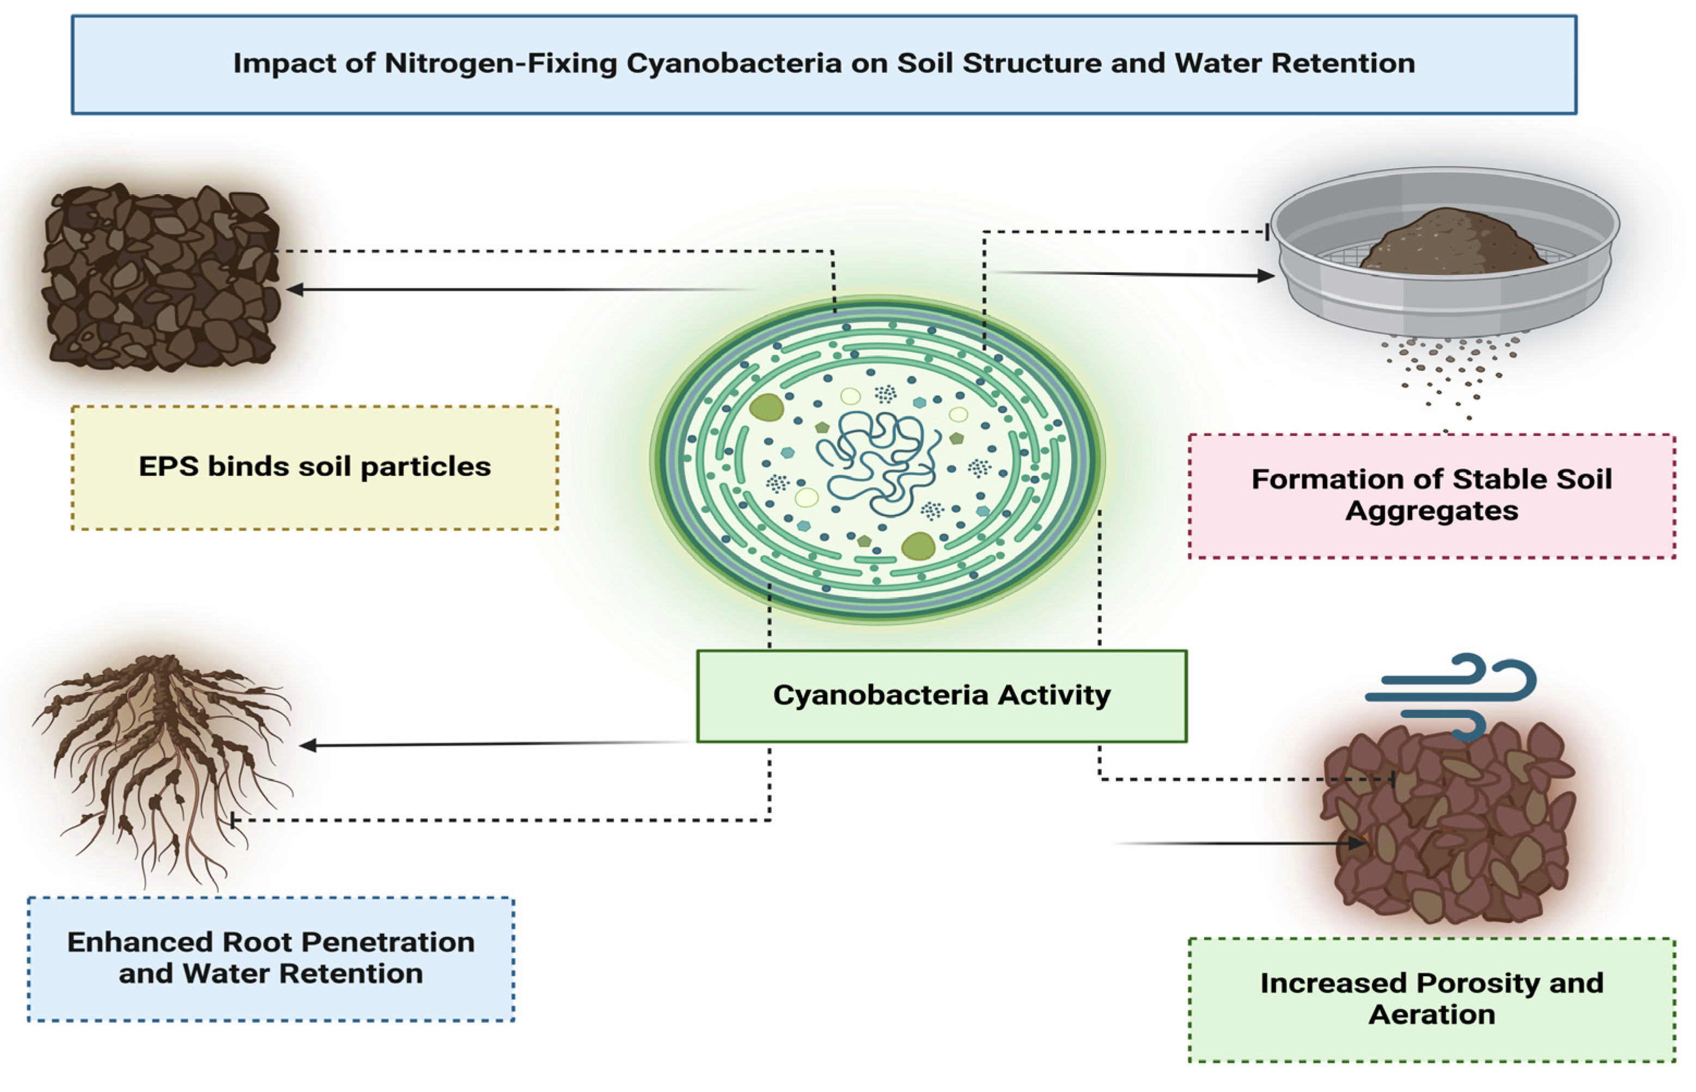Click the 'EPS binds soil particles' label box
pyautogui.click(x=314, y=467)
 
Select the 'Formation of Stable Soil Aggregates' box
pyautogui.click(x=1431, y=496)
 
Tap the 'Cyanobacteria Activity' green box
pyautogui.click(x=941, y=696)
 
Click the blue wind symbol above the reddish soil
pyautogui.click(x=1450, y=696)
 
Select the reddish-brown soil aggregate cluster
pyautogui.click(x=1447, y=826)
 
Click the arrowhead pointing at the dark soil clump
pyautogui.click(x=294, y=289)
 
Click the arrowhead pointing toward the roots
pyautogui.click(x=307, y=745)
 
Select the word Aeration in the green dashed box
pyautogui.click(x=1431, y=1015)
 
